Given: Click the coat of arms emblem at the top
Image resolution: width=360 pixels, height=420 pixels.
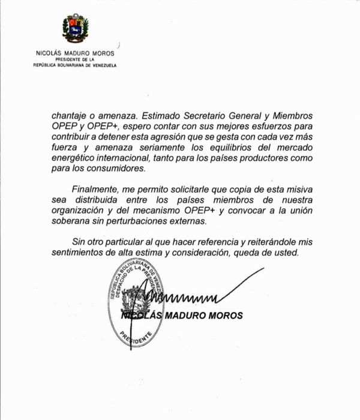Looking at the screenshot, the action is (x=75, y=29).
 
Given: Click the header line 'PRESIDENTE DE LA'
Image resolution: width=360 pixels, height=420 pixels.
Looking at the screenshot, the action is (x=75, y=60).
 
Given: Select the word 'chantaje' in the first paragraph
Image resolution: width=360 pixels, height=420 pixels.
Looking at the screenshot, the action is (x=70, y=115).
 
